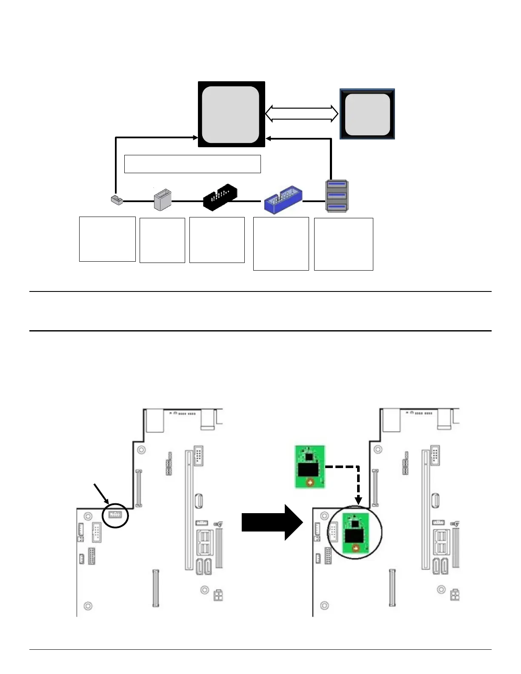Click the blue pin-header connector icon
point(283,200)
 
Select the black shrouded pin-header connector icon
point(220,197)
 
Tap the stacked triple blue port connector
point(337,196)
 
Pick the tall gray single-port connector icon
point(162,199)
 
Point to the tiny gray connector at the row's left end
point(116,200)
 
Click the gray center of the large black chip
point(230,114)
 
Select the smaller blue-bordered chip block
point(367,114)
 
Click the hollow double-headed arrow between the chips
point(302,114)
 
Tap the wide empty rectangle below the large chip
point(192,164)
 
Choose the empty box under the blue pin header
point(281,243)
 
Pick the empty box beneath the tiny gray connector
point(107,239)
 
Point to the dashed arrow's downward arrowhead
point(358,499)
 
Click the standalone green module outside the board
point(310,466)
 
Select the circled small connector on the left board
point(115,515)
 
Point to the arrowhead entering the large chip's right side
point(269,139)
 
